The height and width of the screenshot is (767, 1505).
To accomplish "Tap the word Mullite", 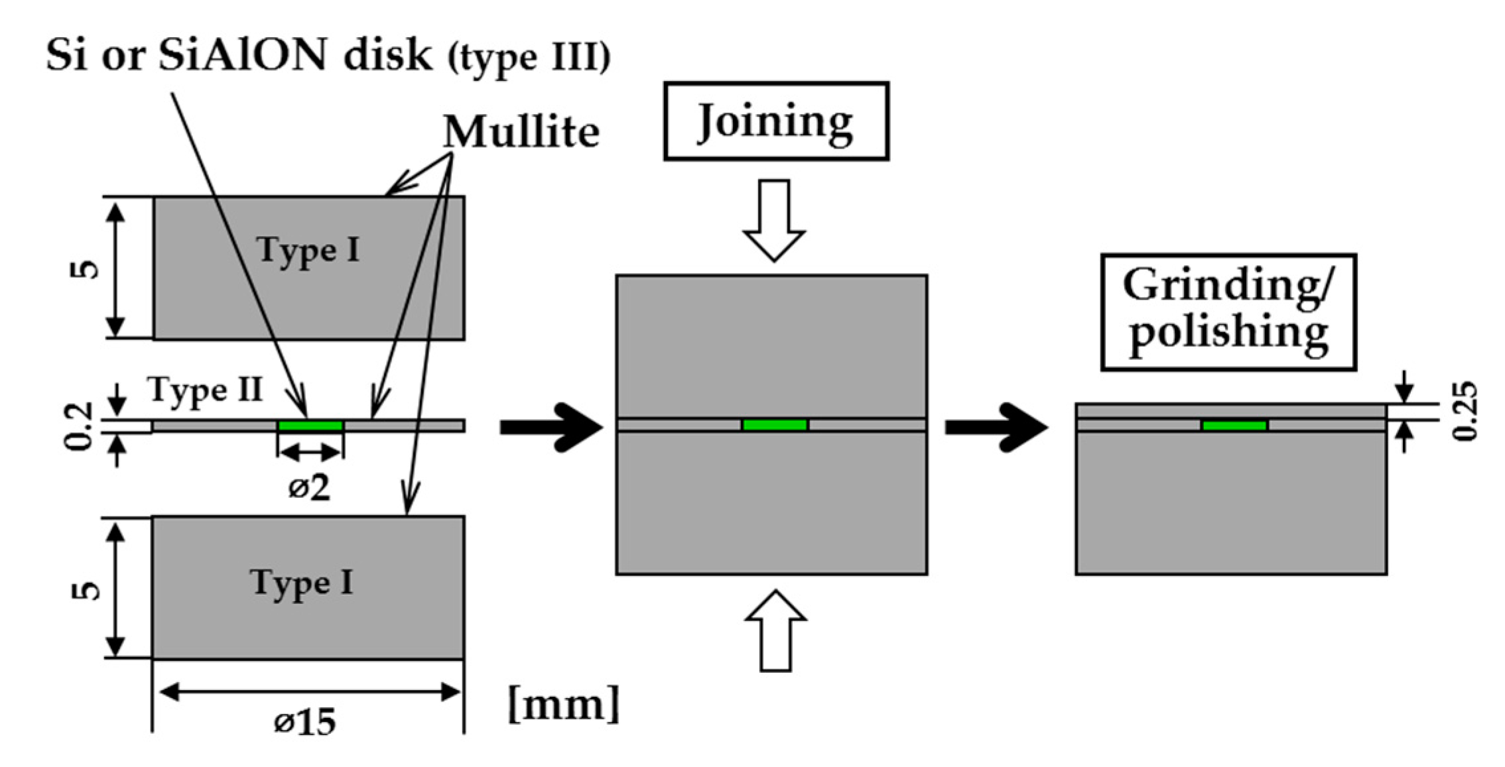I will [521, 132].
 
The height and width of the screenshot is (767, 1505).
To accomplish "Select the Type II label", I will [206, 390].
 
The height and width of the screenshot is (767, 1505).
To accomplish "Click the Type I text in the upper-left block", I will [308, 251].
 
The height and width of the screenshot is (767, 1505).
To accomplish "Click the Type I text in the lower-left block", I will [302, 584].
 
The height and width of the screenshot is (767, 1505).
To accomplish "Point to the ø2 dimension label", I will [309, 489].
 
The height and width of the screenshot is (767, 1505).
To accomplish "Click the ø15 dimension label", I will [305, 721].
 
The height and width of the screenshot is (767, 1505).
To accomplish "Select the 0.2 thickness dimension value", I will [80, 426].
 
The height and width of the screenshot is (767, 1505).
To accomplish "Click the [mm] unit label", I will [564, 704].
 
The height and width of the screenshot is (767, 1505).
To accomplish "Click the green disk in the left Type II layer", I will [310, 426].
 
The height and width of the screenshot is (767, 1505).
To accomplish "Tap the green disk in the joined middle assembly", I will [775, 425].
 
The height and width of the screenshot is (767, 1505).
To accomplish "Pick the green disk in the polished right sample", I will [1234, 425].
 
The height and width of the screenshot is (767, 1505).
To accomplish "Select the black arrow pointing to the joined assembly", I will [551, 428].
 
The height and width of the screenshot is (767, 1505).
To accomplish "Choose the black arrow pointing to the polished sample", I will [996, 428].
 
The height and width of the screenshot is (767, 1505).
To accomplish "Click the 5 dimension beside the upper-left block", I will [85, 268].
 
